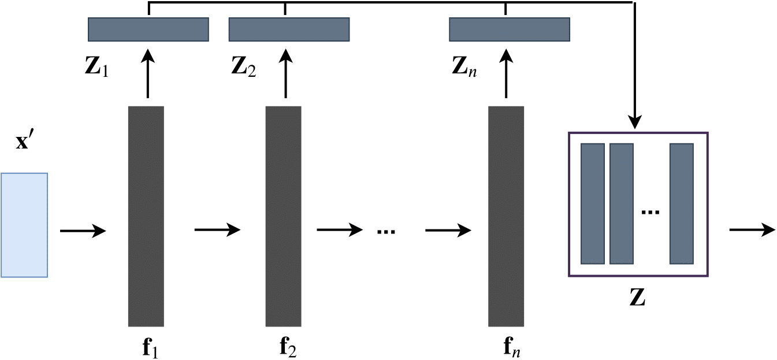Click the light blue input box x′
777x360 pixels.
point(24,225)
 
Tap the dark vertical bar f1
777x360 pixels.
point(146,216)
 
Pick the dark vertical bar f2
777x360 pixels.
point(284,216)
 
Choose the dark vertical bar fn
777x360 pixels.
point(506,216)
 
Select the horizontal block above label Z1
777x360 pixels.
point(148,29)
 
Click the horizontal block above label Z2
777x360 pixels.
point(289,29)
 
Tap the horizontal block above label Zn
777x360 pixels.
point(510,29)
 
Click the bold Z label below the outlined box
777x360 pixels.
point(638,299)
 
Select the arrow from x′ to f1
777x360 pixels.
point(83,231)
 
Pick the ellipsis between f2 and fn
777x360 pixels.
point(385,232)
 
